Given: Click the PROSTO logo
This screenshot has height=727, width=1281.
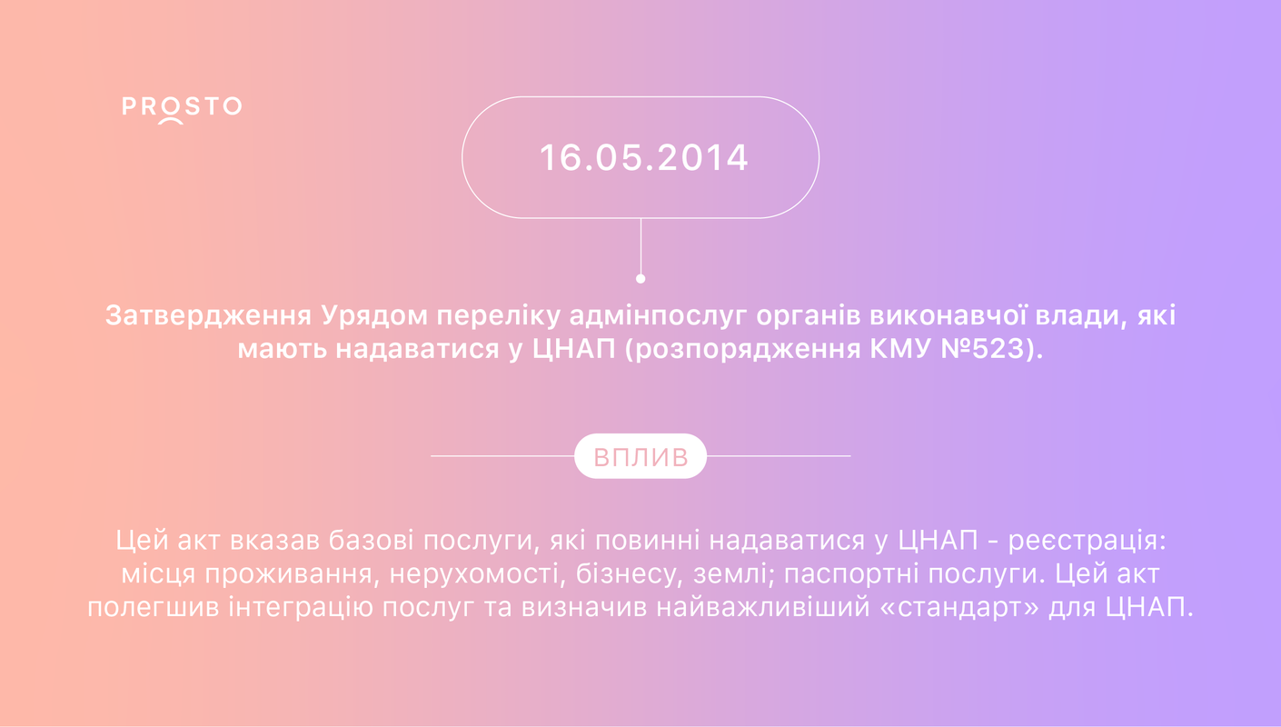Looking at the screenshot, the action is [182, 110].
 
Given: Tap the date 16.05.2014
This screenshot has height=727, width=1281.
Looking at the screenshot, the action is [644, 158].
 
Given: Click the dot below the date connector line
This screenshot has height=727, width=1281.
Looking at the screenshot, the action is [640, 279].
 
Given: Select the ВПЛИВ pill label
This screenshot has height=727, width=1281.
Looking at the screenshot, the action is [640, 456].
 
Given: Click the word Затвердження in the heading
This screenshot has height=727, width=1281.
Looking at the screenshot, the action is [209, 315].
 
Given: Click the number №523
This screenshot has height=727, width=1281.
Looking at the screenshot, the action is [982, 349].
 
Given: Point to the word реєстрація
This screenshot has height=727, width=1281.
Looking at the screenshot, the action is [1087, 541].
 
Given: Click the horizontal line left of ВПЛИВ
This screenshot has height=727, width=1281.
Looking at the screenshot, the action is [502, 456].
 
